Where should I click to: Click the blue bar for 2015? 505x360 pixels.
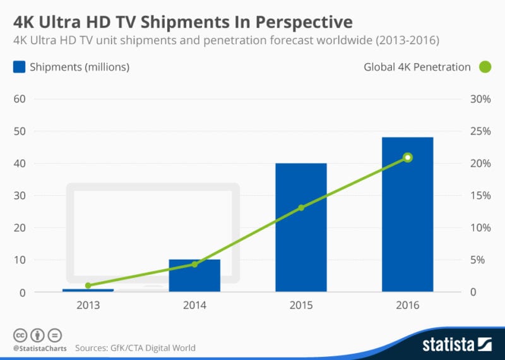pos(300,227)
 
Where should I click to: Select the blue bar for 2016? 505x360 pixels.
pos(408,215)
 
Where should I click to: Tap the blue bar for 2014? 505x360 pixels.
pos(194,275)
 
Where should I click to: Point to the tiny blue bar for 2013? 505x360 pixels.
pos(88,290)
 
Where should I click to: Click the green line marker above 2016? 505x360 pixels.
pos(408,157)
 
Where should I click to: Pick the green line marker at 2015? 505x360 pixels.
pos(301,207)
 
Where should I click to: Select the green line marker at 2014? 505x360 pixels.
pos(194,264)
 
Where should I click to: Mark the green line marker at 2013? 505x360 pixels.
pos(88,285)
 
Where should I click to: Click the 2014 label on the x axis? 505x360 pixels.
pos(194,306)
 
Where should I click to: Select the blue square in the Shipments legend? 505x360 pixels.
pos(19,67)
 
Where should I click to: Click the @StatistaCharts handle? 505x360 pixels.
pos(39,347)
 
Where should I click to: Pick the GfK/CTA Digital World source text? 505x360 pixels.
pos(150,347)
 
